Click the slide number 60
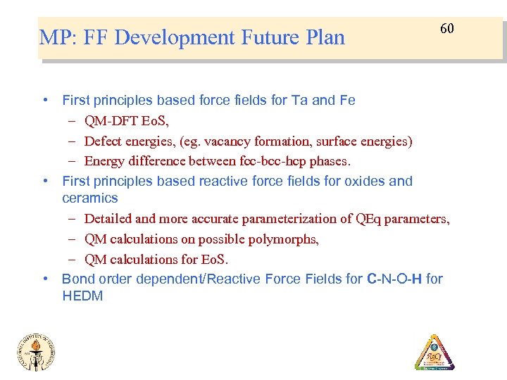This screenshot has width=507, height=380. point(447,29)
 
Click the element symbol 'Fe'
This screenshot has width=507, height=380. point(347,100)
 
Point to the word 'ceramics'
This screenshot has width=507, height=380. point(89,198)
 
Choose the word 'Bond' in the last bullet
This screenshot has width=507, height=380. point(77,279)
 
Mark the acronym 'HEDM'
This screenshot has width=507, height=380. point(82,296)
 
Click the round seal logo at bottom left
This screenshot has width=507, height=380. point(36,352)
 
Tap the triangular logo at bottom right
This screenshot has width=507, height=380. point(434,353)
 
